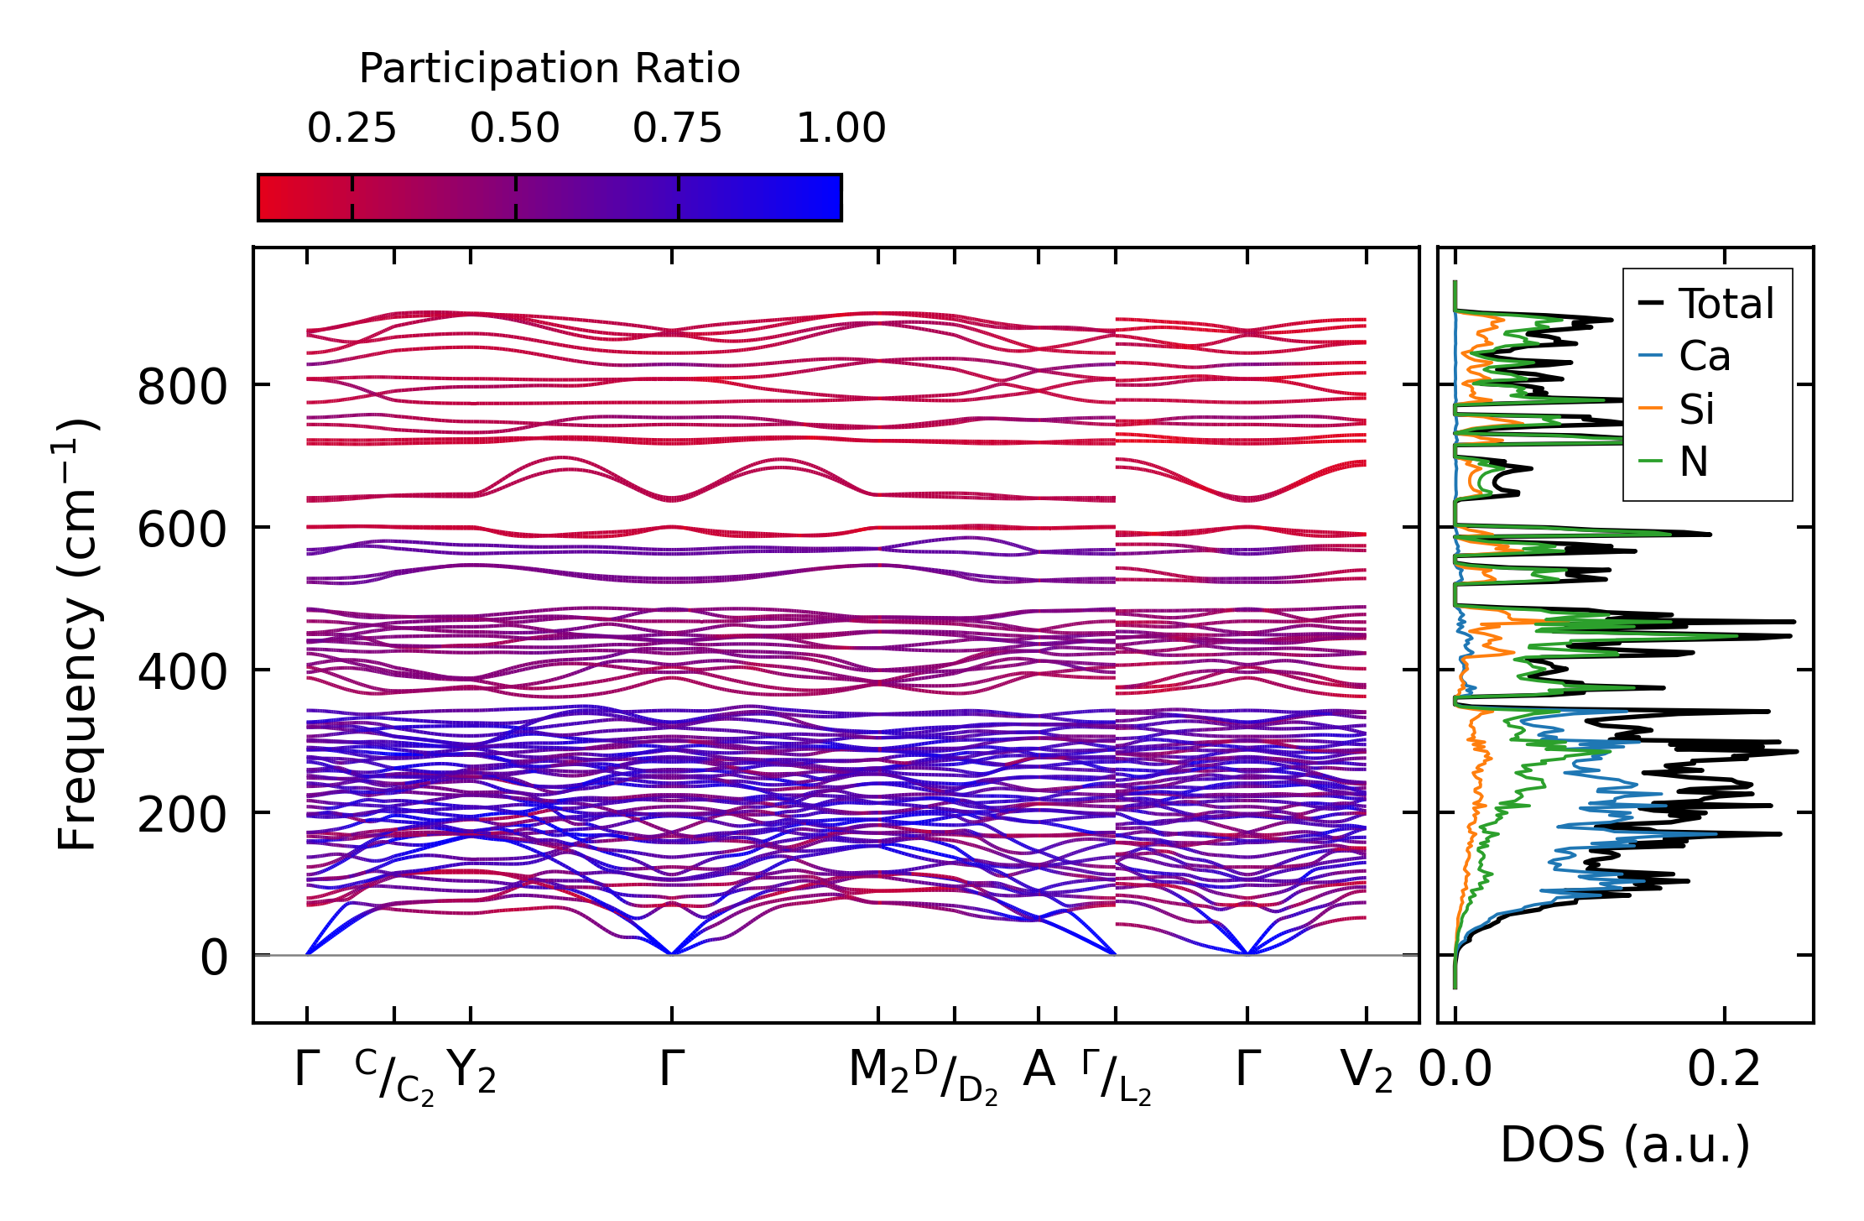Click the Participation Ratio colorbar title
(549, 69)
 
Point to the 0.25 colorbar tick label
(351, 129)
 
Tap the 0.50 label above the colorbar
(514, 129)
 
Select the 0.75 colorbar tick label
(677, 129)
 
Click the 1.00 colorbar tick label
(841, 129)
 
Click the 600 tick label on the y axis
(182, 531)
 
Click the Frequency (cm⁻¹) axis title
(78, 635)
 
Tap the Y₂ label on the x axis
(471, 1071)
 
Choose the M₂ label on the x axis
(878, 1071)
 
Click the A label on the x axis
(1039, 1069)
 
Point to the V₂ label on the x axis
(1367, 1071)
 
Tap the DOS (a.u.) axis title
(1625, 1145)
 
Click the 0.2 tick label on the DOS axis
(1724, 1070)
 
